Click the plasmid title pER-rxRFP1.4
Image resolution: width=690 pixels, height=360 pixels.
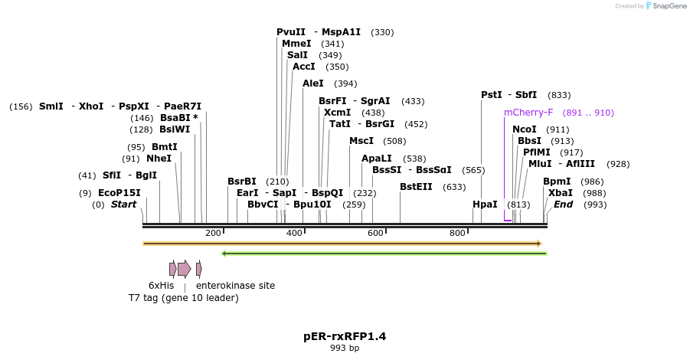click(345, 335)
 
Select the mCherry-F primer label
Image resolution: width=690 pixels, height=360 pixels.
click(528, 113)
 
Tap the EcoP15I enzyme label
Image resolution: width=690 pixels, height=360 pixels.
click(119, 193)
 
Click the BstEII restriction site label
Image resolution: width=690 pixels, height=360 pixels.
click(417, 186)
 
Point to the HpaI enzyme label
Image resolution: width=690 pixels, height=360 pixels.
click(485, 205)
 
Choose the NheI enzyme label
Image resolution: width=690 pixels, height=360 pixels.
click(159, 159)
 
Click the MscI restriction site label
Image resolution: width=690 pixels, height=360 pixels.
click(361, 141)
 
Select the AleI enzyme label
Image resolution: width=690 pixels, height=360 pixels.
click(313, 83)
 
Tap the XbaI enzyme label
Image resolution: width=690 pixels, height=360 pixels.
click(561, 193)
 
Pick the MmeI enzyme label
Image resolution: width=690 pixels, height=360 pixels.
click(296, 44)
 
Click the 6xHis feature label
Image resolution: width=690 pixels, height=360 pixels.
click(162, 286)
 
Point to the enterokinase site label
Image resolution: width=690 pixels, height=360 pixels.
click(235, 286)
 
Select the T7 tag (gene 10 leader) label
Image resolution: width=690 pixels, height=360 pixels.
click(184, 297)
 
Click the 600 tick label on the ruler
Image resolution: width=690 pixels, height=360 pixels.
click(375, 233)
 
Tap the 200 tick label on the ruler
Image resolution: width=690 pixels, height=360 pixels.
click(213, 233)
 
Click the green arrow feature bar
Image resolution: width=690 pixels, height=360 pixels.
click(384, 253)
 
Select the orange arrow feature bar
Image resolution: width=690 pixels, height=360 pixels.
click(342, 244)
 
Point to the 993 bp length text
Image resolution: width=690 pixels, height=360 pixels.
click(345, 348)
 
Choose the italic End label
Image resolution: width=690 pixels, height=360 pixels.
click(563, 205)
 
